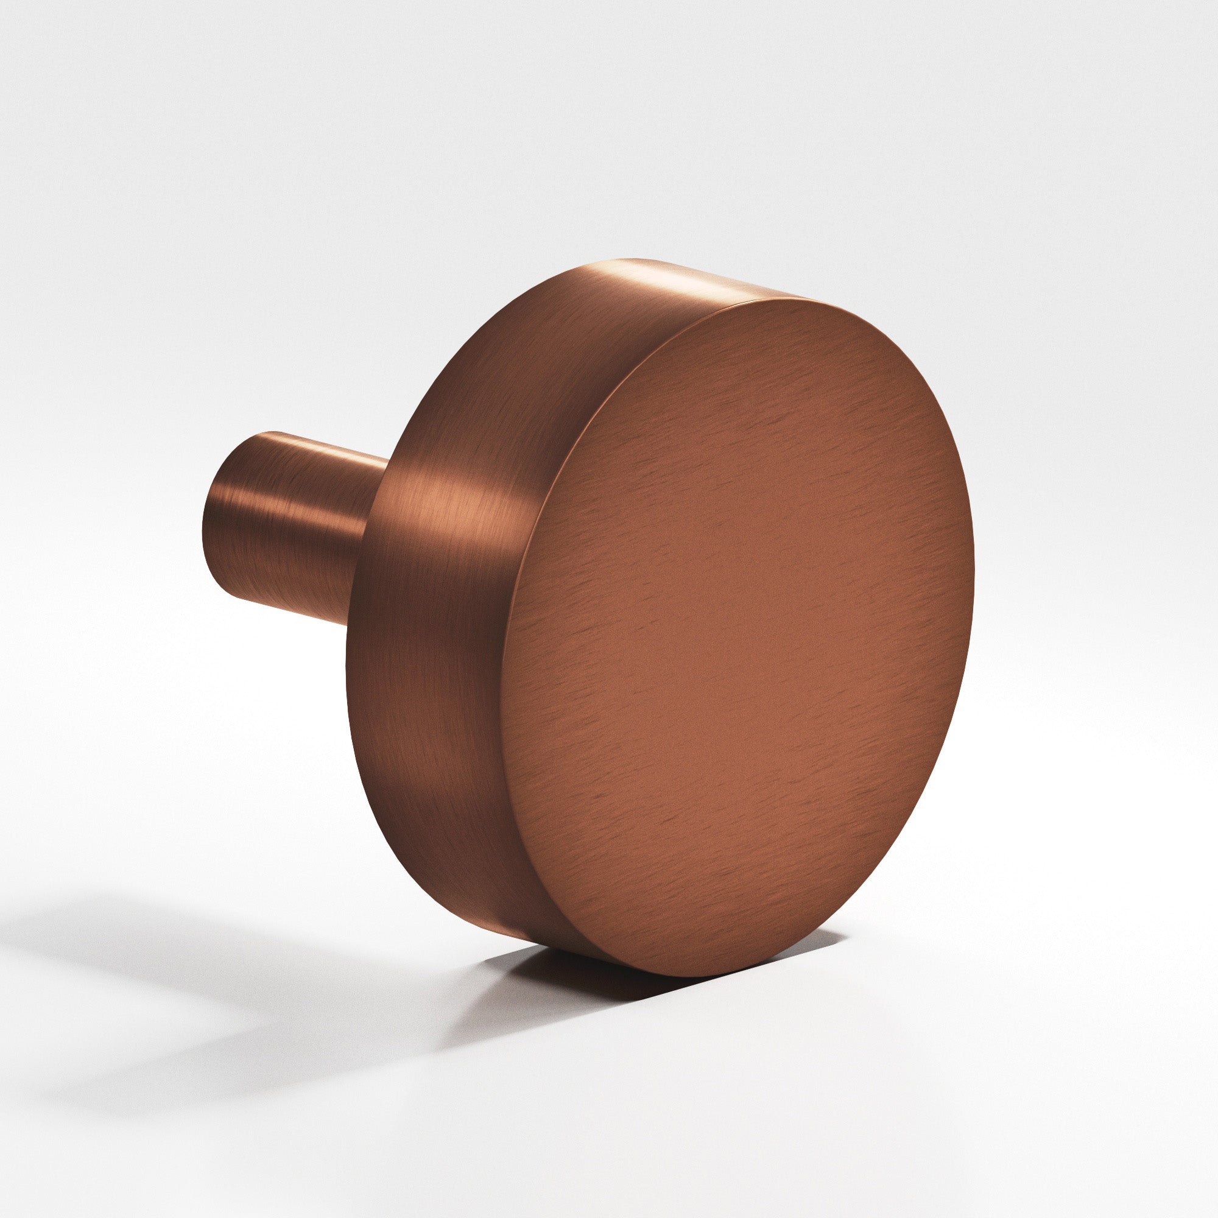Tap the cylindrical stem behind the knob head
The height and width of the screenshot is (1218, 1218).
pyautogui.click(x=290, y=523)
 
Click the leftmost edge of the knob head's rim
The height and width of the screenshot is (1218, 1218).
pyautogui.click(x=347, y=662)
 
